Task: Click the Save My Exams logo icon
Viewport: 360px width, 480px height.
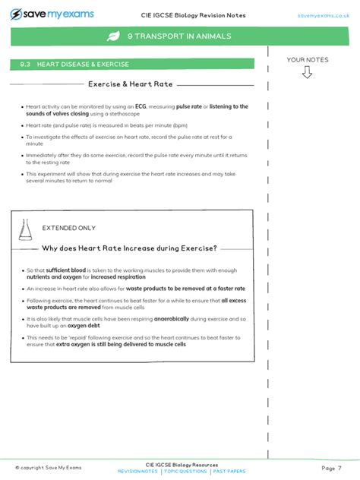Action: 16,14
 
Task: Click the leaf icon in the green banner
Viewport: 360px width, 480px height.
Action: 113,36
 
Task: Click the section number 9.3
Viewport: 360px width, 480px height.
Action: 26,65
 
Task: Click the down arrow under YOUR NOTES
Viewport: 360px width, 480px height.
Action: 307,72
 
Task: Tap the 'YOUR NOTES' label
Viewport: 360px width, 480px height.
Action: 307,59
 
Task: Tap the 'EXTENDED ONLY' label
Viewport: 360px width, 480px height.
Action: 68,228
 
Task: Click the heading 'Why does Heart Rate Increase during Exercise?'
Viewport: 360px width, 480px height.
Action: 129,248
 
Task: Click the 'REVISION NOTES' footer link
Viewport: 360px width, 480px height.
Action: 137,472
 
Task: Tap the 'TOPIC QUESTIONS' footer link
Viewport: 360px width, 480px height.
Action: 185,472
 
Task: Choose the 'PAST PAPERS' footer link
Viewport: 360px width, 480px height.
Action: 229,472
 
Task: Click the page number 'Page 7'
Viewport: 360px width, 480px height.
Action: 331,467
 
